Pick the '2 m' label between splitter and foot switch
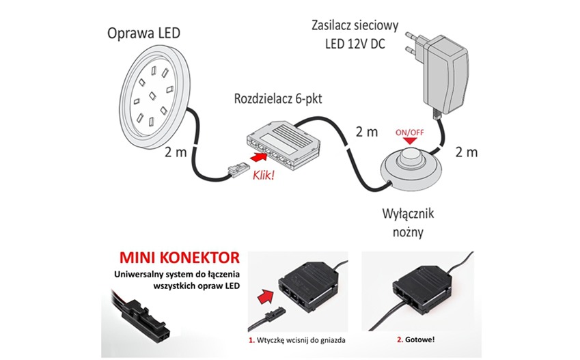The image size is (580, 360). tap(366, 131)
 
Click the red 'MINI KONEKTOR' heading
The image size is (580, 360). tap(179, 258)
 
